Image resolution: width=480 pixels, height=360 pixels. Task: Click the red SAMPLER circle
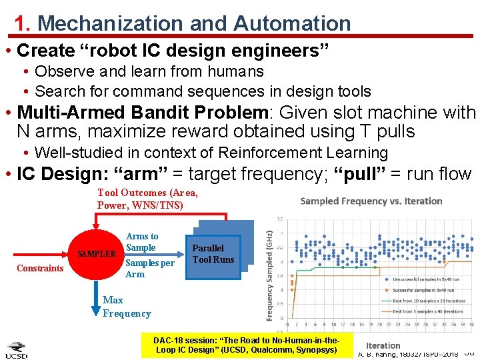96,254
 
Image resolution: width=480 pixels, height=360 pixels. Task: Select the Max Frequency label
127,307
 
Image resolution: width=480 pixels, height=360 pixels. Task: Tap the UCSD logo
17,349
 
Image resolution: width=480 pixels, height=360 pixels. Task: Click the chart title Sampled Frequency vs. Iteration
371,201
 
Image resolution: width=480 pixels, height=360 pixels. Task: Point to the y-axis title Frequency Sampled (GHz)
269,267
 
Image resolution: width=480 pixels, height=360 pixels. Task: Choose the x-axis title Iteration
383,345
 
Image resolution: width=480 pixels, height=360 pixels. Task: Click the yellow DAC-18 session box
245,345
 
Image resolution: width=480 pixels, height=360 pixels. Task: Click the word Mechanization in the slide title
111,24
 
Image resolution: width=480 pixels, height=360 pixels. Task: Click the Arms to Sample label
142,242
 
